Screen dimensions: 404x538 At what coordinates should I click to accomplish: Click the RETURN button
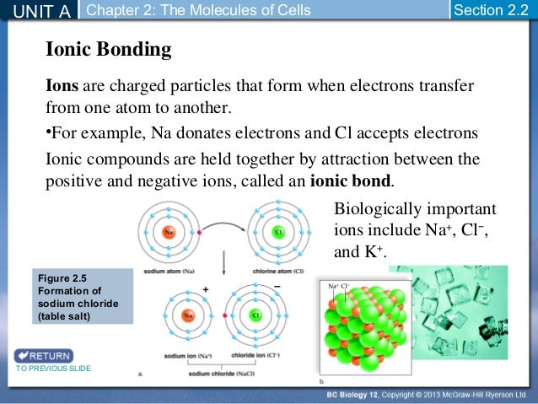(43, 355)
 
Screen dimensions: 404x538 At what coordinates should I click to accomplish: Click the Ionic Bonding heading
(108, 51)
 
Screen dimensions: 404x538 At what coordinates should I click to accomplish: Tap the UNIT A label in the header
(39, 10)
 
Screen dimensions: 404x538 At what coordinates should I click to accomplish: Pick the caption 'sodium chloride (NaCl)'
(223, 373)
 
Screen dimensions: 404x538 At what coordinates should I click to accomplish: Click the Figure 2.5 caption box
(83, 296)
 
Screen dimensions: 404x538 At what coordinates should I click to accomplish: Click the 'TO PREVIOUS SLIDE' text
(52, 369)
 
